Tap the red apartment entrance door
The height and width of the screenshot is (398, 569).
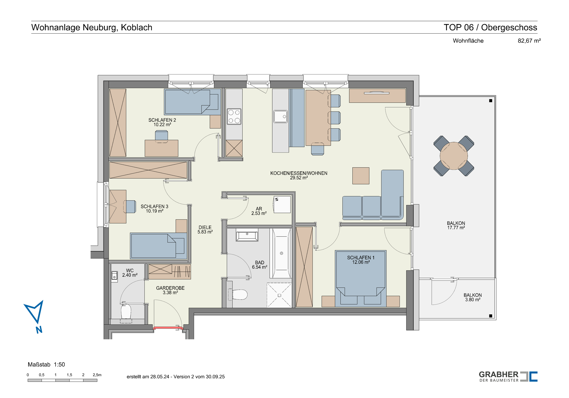coord(168,328)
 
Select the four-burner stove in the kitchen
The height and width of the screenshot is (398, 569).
coord(234,116)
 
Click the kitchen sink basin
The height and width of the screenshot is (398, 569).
coord(280,116)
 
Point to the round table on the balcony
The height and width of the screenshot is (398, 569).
coord(454,156)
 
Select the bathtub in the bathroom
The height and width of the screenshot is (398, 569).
coord(281,253)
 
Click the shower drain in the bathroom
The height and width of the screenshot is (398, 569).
coord(279,296)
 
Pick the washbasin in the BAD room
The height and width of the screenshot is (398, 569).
coord(247,235)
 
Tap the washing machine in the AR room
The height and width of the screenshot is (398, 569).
coord(282,205)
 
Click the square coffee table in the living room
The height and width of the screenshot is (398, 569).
coord(361,176)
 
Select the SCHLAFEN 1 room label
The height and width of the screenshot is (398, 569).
coord(361,260)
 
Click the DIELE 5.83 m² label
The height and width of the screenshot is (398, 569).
coord(205,230)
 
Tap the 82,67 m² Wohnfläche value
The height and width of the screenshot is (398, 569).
coord(529,41)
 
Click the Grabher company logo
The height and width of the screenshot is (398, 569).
coord(508,376)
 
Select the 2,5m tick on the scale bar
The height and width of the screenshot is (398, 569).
coord(97,375)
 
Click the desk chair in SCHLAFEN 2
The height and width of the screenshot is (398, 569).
coord(161,136)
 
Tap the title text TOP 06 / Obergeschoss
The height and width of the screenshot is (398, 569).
coord(490,27)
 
